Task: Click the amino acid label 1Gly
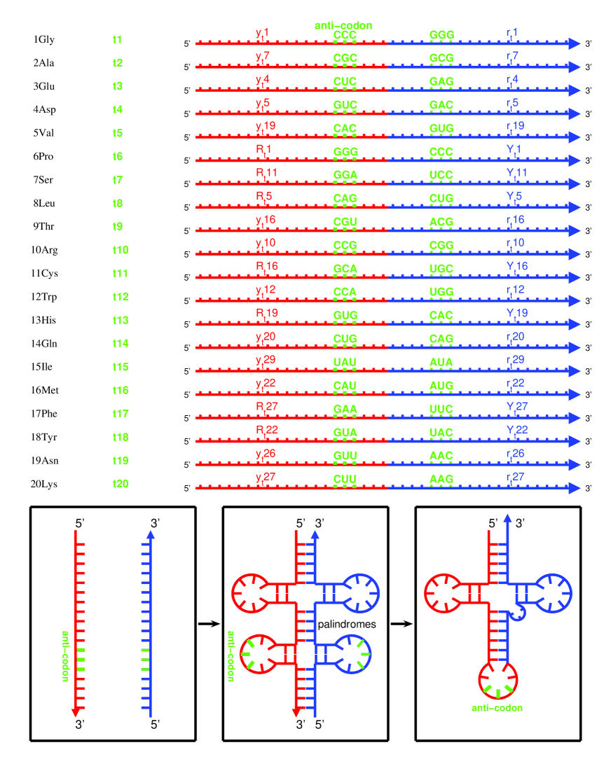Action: coord(43,39)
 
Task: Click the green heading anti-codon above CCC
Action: coord(343,25)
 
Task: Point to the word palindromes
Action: coord(347,622)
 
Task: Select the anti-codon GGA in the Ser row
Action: coord(345,174)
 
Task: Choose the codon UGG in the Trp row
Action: coord(442,291)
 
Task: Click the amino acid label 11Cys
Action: coord(46,273)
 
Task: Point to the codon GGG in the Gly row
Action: coord(442,34)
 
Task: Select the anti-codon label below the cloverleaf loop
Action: coord(497,708)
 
